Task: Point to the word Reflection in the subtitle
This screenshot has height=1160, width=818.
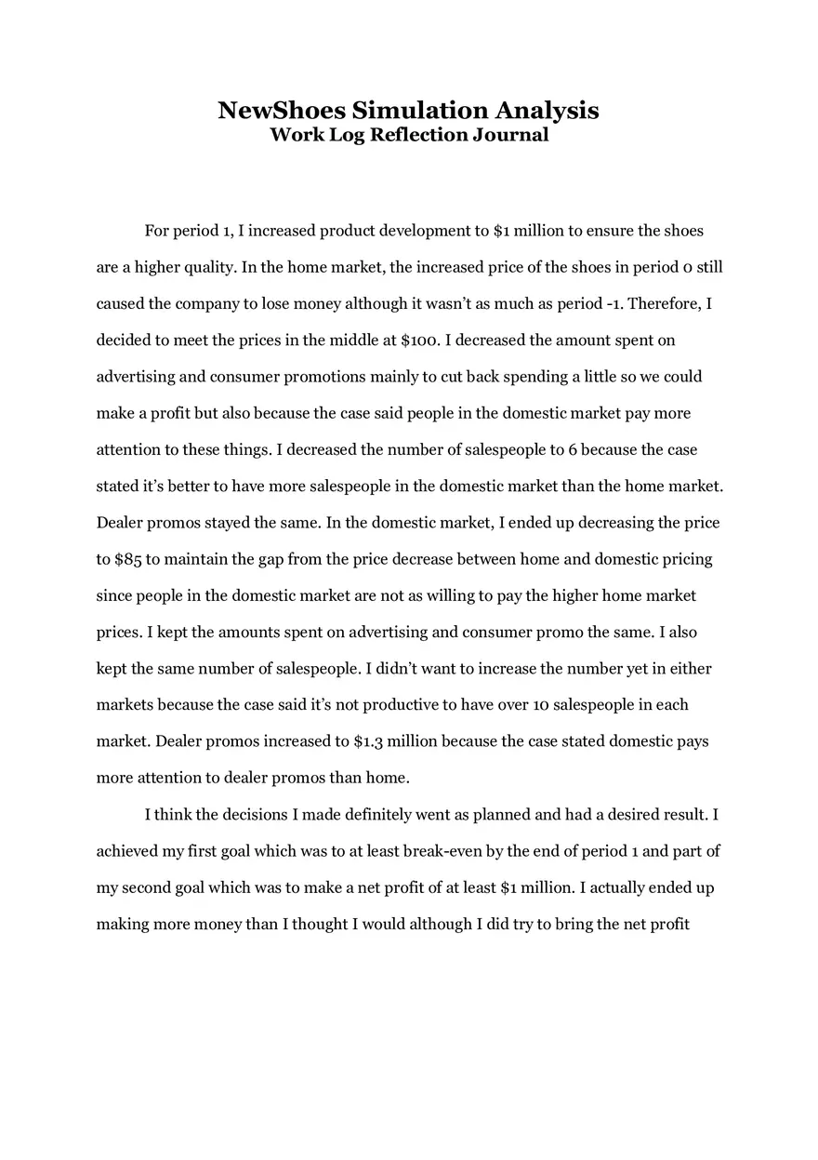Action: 418,135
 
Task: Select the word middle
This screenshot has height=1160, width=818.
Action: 351,340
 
